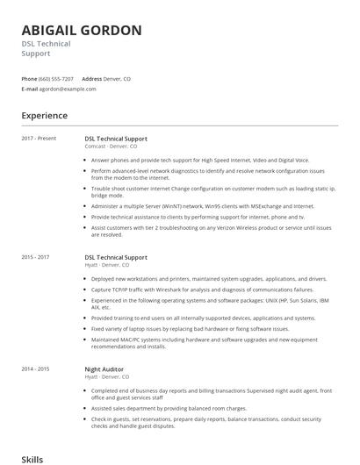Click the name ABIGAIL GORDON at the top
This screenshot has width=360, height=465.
click(82, 31)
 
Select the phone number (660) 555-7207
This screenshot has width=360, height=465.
click(56, 79)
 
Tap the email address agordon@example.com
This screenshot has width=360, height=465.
click(68, 89)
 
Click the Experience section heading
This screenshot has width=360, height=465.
click(44, 116)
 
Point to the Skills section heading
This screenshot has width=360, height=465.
click(32, 459)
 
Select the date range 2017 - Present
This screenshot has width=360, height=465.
click(40, 138)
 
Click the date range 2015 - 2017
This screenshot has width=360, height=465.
click(36, 257)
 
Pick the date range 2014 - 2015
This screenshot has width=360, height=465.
click(36, 369)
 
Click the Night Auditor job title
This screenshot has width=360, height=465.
click(105, 369)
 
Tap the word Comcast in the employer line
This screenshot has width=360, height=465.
click(95, 146)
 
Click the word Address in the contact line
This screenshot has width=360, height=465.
click(92, 79)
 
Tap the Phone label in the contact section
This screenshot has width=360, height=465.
click(30, 79)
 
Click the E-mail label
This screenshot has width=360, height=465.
click(30, 89)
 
